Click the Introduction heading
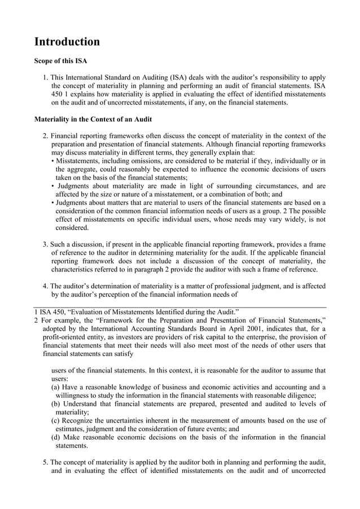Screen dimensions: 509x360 click(67, 42)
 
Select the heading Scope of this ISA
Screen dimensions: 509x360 click(60, 60)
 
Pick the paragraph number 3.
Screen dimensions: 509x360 click(46, 244)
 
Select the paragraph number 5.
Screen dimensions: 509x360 click(46, 462)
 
